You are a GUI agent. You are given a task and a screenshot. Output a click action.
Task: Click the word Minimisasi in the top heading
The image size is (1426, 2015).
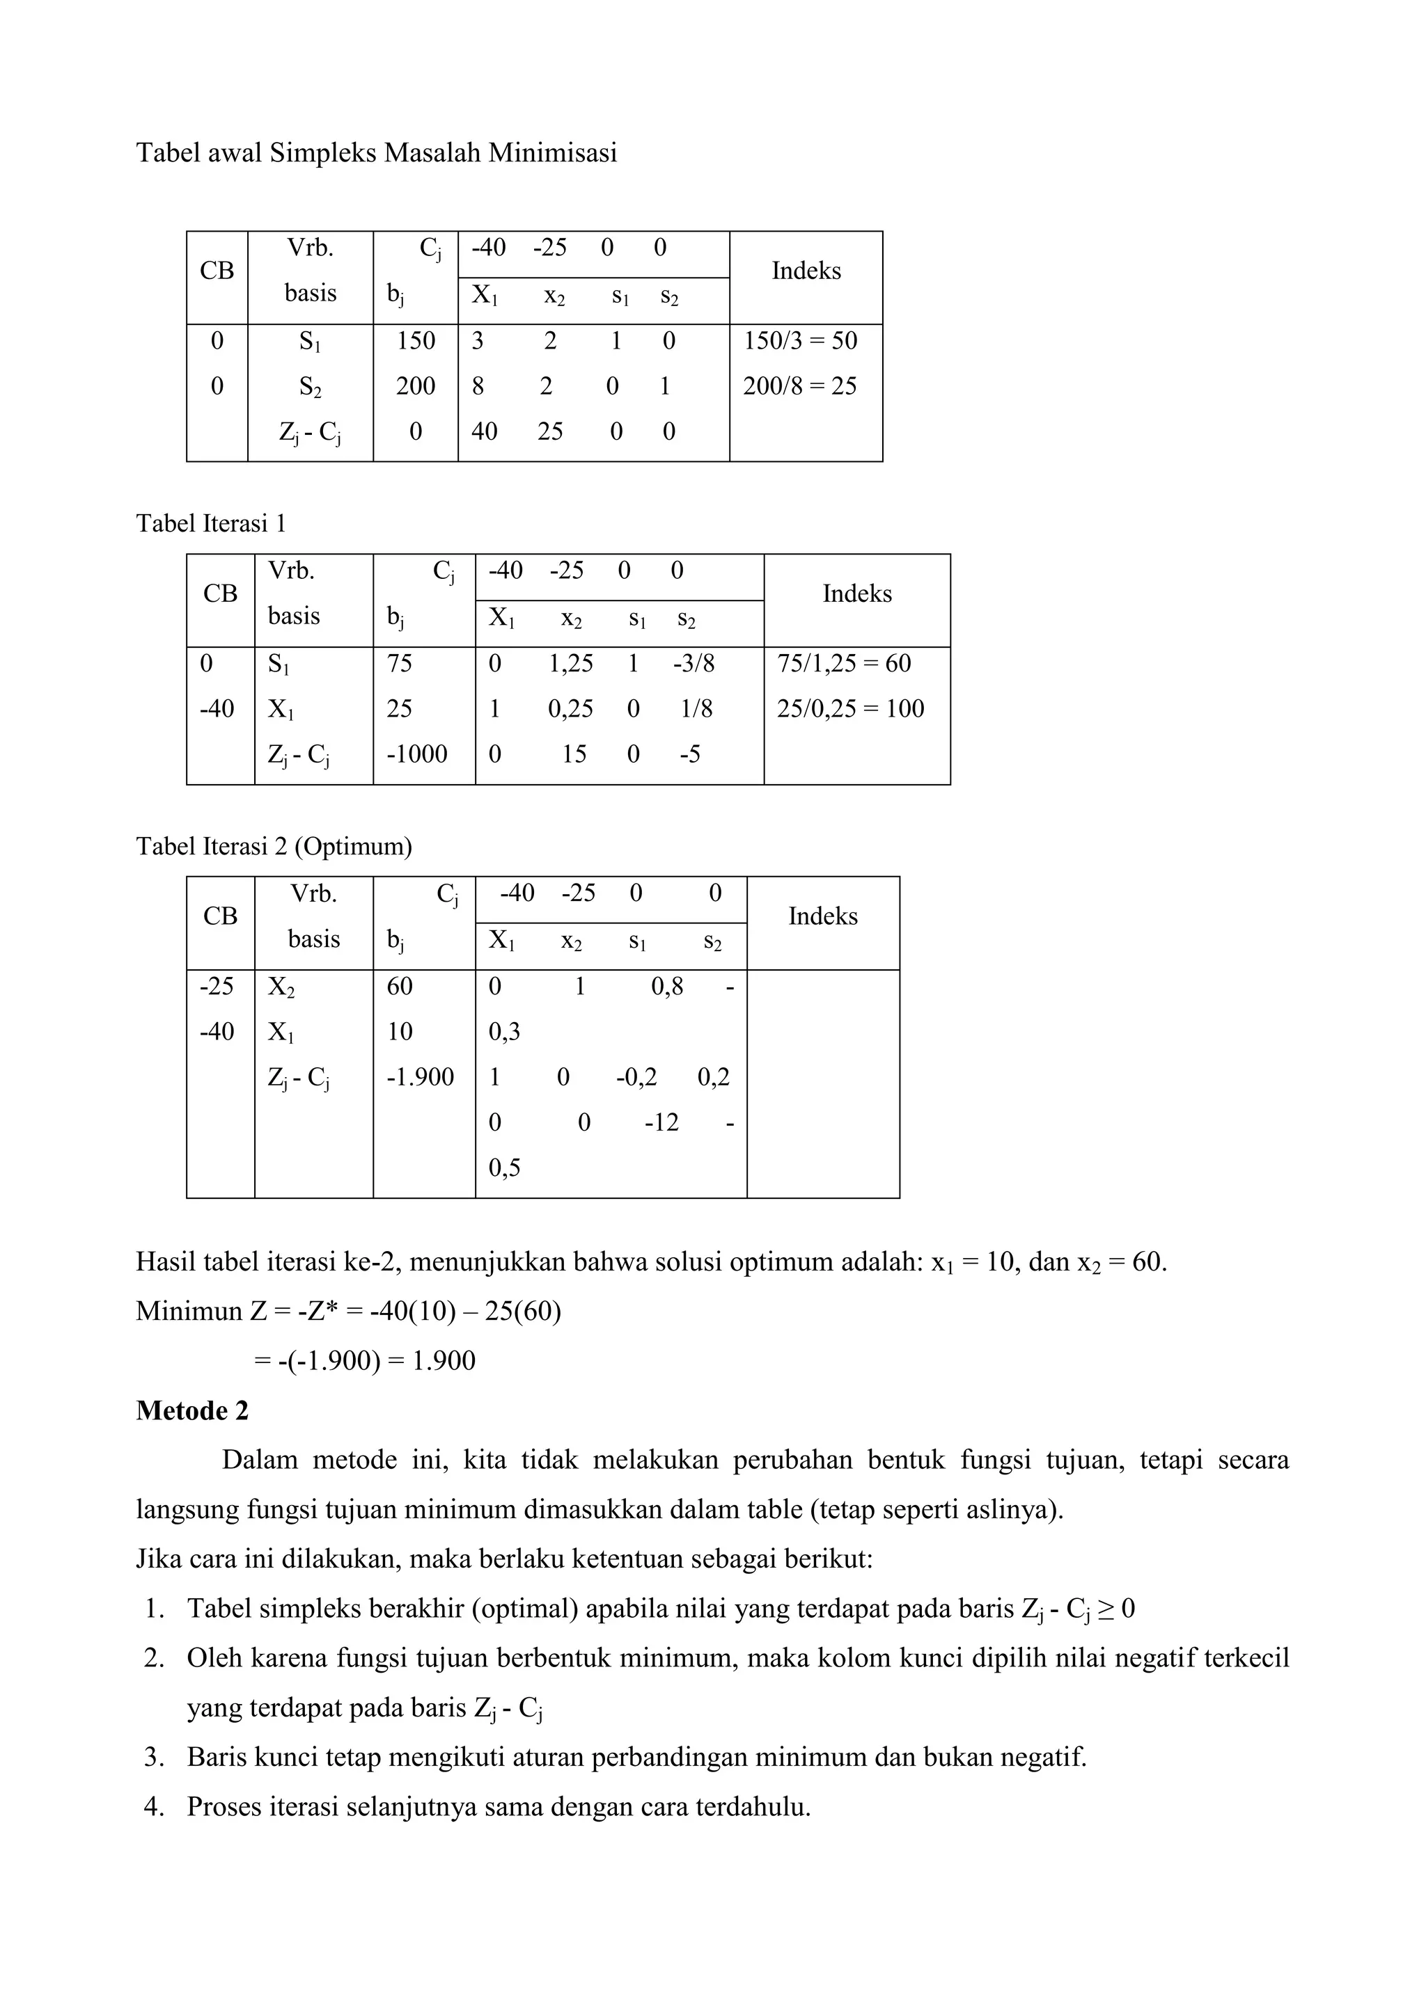(x=552, y=154)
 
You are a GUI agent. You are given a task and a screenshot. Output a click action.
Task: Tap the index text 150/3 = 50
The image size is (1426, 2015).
(x=800, y=340)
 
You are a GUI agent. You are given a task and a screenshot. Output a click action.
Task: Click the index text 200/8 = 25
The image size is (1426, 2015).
(x=799, y=386)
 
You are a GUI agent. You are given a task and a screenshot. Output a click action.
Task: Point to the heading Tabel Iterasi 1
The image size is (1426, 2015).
(x=211, y=524)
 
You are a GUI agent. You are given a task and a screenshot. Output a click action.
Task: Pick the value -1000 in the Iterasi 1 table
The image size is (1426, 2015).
(x=417, y=754)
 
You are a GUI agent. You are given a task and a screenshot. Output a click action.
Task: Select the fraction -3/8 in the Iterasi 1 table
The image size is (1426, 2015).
(x=694, y=664)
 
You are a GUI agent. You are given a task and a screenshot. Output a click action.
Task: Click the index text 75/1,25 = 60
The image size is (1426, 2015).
(x=844, y=664)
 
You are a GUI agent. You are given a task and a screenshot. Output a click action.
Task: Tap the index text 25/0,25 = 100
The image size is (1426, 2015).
(x=850, y=709)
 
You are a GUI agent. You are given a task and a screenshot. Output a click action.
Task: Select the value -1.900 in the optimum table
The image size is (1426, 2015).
(x=421, y=1077)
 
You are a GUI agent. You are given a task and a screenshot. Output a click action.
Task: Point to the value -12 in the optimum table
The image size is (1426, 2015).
(x=661, y=1122)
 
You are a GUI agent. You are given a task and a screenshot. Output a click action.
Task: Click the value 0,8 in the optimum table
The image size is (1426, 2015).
(x=667, y=987)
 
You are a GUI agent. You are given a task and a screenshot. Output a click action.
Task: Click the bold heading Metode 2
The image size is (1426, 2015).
(x=192, y=1411)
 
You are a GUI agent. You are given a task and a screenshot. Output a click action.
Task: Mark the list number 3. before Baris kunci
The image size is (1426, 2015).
(x=155, y=1758)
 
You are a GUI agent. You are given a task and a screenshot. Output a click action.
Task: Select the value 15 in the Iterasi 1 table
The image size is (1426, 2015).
(x=574, y=754)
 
